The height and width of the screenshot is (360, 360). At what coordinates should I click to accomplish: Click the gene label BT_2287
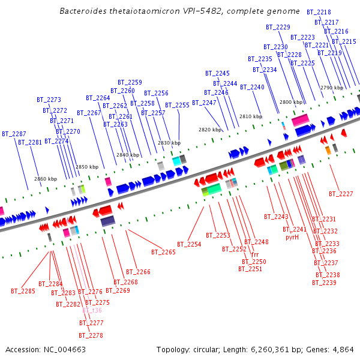14,134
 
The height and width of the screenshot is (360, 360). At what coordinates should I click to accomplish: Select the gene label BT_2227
341,194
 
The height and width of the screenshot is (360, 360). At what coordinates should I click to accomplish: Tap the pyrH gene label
292,237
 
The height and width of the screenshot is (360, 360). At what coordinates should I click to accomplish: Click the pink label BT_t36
92,310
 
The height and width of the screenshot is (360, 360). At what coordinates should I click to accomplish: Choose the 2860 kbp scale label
46,179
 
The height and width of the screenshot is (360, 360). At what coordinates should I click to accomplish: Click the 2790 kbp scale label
331,88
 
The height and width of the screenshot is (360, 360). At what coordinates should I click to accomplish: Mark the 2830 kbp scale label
169,143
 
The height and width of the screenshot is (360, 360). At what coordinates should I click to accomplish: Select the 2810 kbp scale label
251,116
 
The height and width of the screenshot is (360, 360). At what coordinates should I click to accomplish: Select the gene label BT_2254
189,244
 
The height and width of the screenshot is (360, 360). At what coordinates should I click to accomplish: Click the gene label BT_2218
319,12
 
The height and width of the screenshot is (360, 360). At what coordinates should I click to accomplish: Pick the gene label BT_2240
252,87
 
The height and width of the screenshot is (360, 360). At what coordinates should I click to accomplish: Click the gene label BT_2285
23,291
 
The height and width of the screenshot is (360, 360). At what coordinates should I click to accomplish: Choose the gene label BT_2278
91,335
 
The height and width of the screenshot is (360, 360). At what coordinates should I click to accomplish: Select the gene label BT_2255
177,105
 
